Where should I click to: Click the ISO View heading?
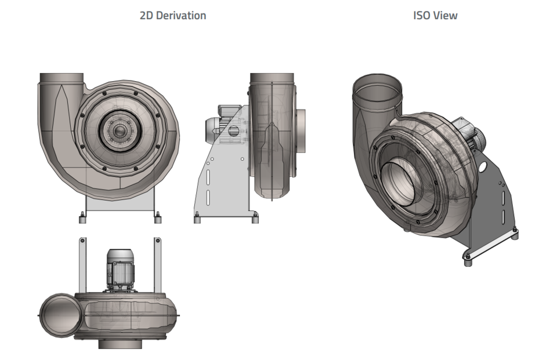(x=435, y=16)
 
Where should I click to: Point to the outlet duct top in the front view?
(x=62, y=77)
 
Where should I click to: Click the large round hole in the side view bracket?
(x=234, y=130)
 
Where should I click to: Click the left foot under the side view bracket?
(x=197, y=218)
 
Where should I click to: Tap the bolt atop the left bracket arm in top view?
(x=82, y=240)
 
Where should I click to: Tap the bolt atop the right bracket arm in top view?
(x=157, y=240)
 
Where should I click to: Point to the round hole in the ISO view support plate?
(x=483, y=167)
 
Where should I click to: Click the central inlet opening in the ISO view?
(x=400, y=183)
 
